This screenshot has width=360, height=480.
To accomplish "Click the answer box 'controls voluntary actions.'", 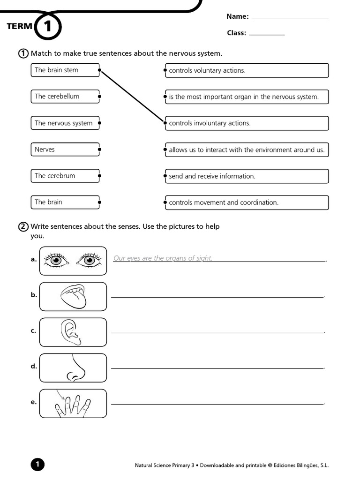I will coord(247,71).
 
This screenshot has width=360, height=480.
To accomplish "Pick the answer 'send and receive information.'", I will coord(247,176).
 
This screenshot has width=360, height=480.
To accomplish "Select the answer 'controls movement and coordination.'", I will coord(247,202).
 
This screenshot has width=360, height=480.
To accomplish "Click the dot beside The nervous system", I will coord(99,123).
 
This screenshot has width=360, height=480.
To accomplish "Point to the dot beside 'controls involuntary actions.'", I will coord(165,123).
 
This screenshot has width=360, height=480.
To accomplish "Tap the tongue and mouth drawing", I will coord(74,296).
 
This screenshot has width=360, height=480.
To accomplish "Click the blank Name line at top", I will coord(290,18).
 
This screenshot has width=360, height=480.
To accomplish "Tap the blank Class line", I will coord(267,34).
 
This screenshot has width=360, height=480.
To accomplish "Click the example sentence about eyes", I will coord(163,258).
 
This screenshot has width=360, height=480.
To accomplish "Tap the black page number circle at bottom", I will coord(37,465).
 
